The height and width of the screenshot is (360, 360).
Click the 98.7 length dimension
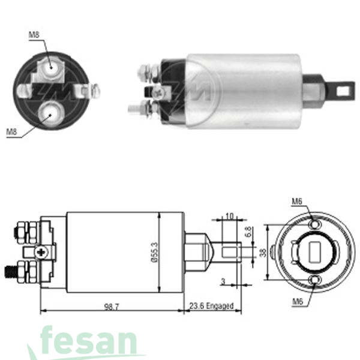[111, 307]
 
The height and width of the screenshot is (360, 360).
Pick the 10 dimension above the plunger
[229, 216]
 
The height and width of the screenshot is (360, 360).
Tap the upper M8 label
[34, 35]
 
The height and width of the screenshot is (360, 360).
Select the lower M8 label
[11, 131]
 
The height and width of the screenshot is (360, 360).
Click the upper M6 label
[296, 201]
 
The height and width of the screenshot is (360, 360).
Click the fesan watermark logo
[90, 343]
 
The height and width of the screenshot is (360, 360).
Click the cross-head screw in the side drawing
[41, 253]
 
